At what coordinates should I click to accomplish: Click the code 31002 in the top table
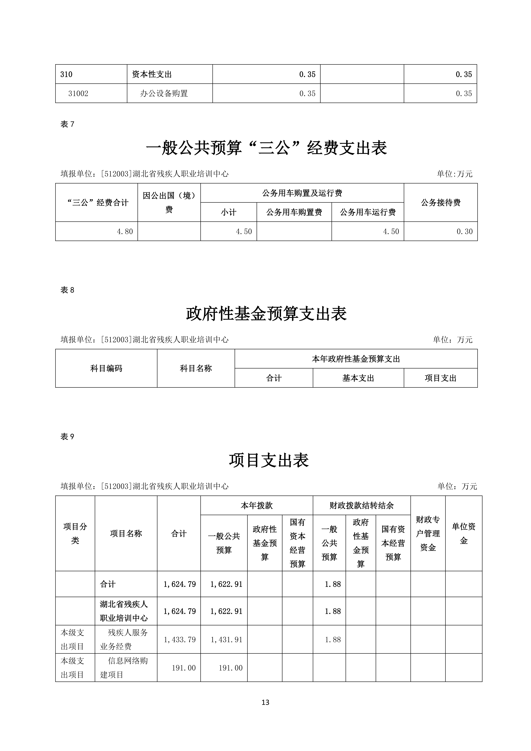[78, 94]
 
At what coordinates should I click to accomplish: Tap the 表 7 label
[67, 124]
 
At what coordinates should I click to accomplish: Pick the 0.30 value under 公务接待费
[464, 232]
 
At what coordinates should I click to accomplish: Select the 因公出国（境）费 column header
[169, 202]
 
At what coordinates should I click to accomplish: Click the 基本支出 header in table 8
[358, 378]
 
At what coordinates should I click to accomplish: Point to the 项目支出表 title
[269, 460]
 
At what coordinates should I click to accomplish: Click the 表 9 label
[67, 437]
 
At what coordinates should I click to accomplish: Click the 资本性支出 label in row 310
[152, 74]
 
